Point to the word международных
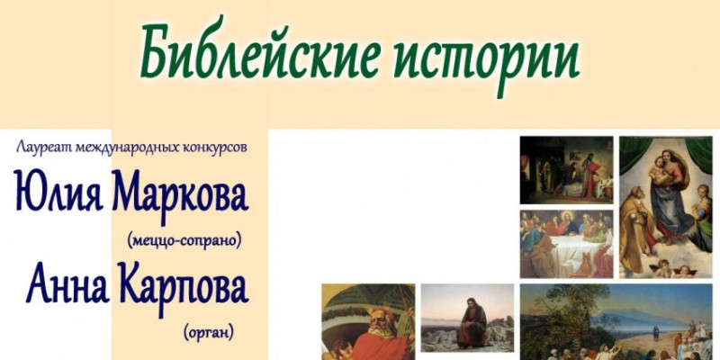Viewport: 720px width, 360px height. click(x=129, y=148)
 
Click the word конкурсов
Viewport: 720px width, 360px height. click(x=216, y=148)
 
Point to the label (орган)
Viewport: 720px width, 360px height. click(x=209, y=331)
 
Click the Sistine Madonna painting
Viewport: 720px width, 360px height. click(x=666, y=207)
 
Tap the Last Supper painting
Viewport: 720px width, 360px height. click(x=566, y=244)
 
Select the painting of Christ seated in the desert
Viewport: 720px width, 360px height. click(x=467, y=318)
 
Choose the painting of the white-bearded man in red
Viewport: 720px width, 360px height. click(x=368, y=322)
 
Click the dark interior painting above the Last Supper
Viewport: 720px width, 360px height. click(x=566, y=170)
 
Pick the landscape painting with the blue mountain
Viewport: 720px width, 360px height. click(x=616, y=322)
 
